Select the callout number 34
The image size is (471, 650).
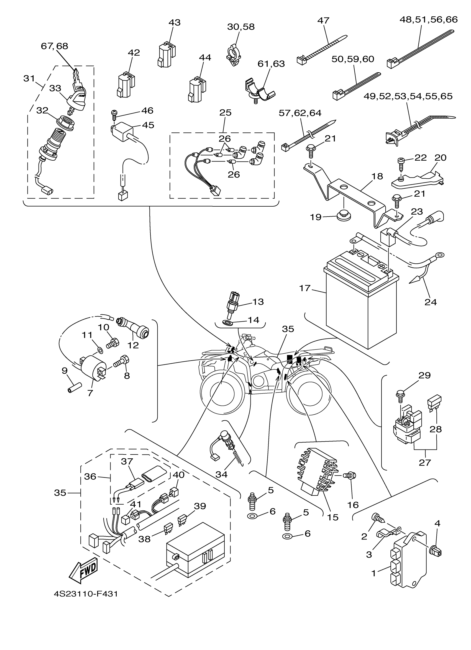pyautogui.click(x=222, y=474)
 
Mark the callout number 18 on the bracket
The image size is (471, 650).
pyautogui.click(x=377, y=176)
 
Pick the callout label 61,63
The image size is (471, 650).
pyautogui.click(x=271, y=63)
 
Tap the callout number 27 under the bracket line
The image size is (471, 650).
pyautogui.click(x=425, y=463)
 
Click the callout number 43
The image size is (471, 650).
pyautogui.click(x=175, y=22)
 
